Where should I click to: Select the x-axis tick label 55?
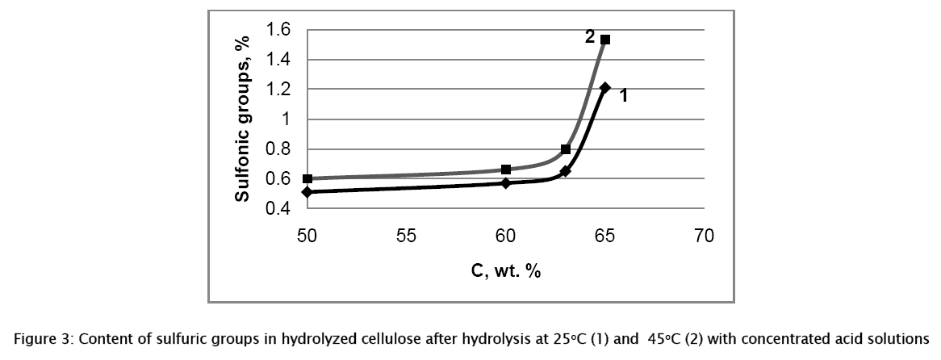[406, 236]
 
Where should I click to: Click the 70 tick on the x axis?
[705, 236]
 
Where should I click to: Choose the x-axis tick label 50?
[307, 236]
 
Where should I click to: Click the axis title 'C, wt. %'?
[506, 271]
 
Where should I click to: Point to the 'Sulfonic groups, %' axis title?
[241, 119]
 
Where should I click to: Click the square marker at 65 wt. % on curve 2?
[605, 40]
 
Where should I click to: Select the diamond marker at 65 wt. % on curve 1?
[605, 87]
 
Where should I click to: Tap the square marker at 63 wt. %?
[566, 149]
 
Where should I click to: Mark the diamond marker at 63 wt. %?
[566, 171]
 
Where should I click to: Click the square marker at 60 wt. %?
[506, 170]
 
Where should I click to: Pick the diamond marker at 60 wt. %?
[506, 183]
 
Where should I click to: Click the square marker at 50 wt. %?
[307, 178]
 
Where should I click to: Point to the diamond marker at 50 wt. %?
[307, 192]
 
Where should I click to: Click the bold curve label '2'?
[590, 36]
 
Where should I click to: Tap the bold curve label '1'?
[624, 95]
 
